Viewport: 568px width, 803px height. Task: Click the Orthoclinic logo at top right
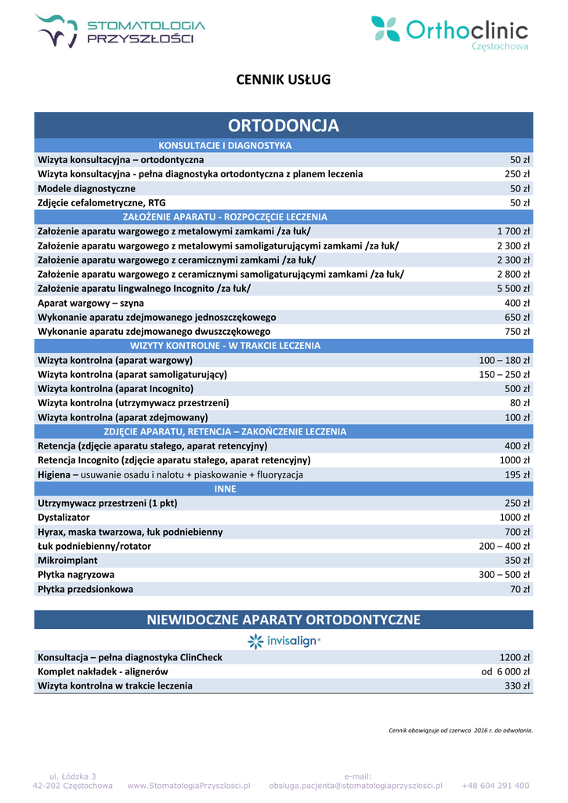tap(449, 32)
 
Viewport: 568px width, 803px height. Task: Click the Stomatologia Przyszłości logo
tap(120, 32)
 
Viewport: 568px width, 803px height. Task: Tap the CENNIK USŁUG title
tap(284, 79)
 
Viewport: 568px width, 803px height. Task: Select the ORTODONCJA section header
tap(284, 125)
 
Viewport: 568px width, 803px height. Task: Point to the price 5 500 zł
tap(513, 289)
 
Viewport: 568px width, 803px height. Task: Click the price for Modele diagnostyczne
tap(520, 188)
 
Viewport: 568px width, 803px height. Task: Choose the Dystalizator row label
tap(64, 518)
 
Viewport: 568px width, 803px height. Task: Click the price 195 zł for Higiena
tap(517, 474)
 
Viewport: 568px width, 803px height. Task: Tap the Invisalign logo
tap(284, 641)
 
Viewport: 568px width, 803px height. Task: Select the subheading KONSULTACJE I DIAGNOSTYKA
tap(225, 146)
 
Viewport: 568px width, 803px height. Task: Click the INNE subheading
tap(225, 489)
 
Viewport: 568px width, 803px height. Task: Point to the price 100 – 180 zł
tap(505, 360)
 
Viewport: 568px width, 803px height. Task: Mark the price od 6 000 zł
tap(505, 671)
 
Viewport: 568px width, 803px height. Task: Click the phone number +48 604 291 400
tap(495, 785)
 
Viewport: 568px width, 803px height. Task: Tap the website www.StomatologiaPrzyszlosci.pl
tap(189, 785)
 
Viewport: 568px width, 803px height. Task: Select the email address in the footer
tap(356, 785)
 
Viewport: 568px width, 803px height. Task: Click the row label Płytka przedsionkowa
tap(85, 589)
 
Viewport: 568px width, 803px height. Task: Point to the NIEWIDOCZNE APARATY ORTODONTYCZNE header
tap(284, 620)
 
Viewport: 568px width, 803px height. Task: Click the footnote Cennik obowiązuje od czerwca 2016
tap(461, 730)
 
